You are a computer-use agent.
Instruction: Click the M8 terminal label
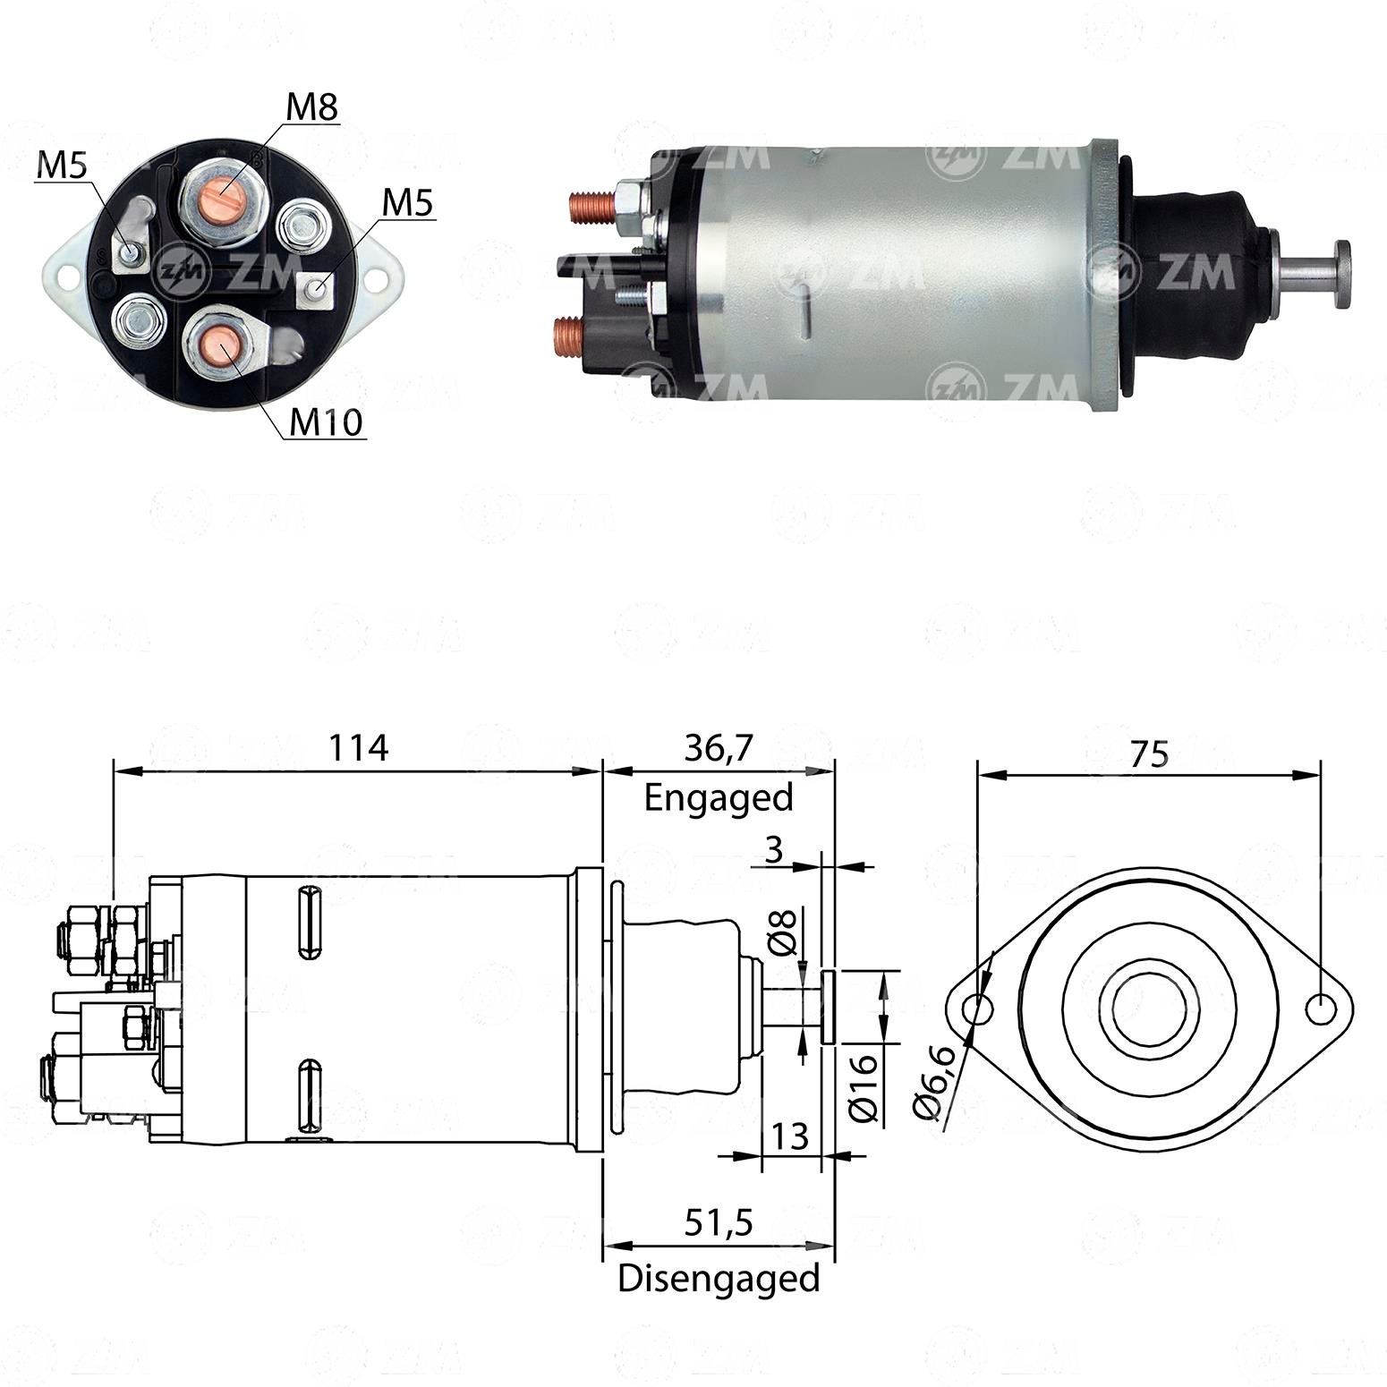coord(312,107)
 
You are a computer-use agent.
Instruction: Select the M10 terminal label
coord(327,421)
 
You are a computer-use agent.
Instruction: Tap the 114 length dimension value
coord(358,747)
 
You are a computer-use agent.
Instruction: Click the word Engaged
coord(719,797)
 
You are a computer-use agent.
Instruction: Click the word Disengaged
coord(719,1278)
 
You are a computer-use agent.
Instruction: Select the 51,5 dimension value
coord(719,1222)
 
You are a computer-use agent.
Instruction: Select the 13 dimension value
coord(790,1136)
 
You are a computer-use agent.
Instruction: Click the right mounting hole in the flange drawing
coord(1320,1009)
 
